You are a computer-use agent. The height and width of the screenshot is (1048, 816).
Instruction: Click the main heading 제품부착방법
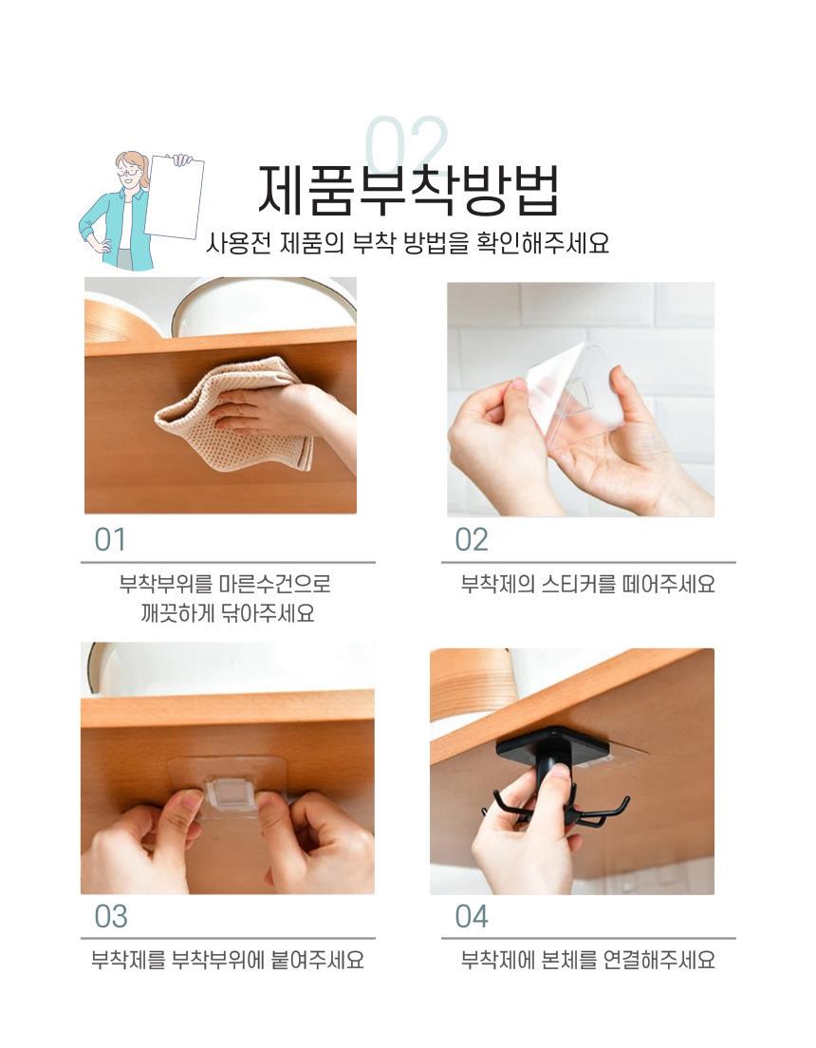pos(408,191)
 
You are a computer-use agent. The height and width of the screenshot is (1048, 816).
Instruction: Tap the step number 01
pos(110,540)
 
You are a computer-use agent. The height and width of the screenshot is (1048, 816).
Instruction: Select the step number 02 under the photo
pos(472,540)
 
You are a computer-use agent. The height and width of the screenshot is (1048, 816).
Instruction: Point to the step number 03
pos(110,917)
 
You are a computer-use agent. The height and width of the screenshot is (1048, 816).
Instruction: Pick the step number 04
pos(472,917)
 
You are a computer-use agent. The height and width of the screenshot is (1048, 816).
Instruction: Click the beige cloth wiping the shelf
pos(233,413)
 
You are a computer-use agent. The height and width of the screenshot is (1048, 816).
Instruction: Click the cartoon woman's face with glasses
pos(130,171)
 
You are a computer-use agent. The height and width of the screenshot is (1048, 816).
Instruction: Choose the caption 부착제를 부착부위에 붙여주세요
pos(227,961)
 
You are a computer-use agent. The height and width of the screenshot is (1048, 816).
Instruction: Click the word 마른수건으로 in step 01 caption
pos(274,584)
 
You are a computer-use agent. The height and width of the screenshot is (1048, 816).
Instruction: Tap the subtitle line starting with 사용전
pos(407,243)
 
